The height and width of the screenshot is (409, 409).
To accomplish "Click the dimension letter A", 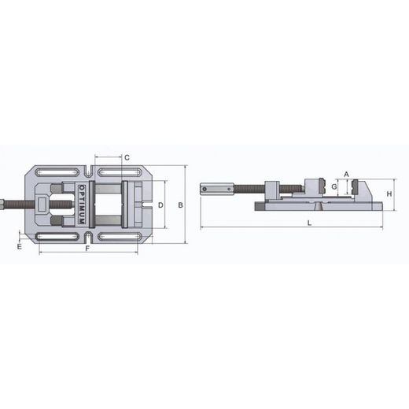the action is (x=346, y=174).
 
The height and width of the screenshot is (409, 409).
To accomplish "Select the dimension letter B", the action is (x=180, y=205).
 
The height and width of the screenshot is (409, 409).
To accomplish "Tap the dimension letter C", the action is (x=127, y=157).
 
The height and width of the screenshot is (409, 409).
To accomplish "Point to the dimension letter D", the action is (x=160, y=205).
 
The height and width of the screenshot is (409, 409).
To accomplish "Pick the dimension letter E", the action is (x=20, y=246).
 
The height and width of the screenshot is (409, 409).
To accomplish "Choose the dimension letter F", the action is (x=87, y=248).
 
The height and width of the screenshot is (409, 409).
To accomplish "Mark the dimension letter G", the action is (x=334, y=186).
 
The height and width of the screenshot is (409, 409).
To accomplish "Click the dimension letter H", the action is (x=389, y=194).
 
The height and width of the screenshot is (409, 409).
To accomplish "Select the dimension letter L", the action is (x=309, y=223).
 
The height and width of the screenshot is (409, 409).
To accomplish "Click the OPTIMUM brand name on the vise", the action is (x=82, y=204).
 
